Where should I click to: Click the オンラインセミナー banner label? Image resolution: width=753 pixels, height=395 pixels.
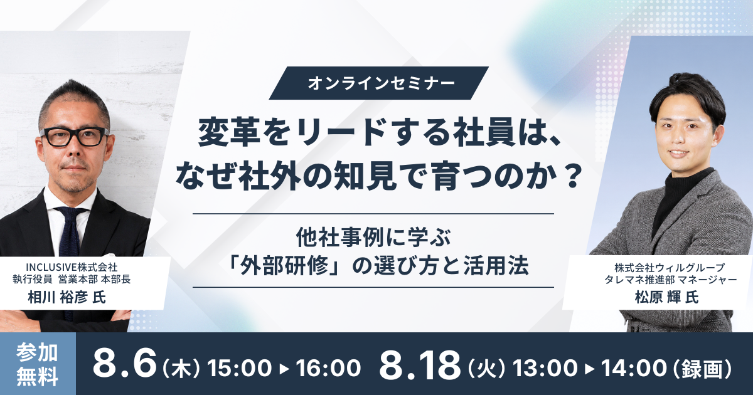pos(378,83)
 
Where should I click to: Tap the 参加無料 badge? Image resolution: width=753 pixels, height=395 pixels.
pos(37,364)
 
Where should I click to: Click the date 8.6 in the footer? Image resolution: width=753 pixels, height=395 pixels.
pos(125,365)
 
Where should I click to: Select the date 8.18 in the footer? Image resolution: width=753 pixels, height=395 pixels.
pos(419,365)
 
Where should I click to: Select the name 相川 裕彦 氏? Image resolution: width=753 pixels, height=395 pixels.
pos(67,297)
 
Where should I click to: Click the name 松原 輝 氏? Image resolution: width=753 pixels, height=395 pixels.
pos(667,297)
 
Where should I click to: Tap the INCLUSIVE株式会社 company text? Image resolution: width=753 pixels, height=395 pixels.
pos(72,267)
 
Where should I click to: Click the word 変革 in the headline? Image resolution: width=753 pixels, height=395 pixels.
pos(223,135)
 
